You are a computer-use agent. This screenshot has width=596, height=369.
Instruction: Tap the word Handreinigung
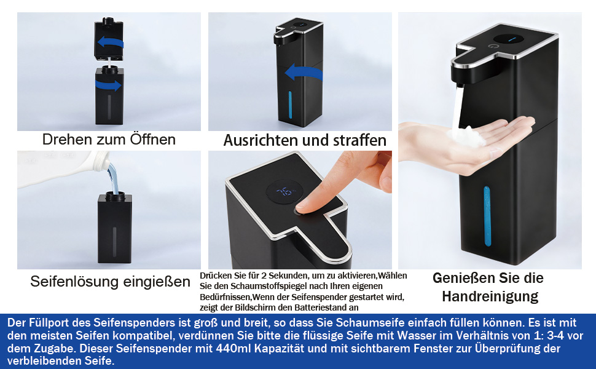[x=490, y=296]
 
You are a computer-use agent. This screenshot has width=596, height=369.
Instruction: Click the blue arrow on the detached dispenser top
[x=110, y=42]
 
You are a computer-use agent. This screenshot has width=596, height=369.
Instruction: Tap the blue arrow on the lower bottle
[x=108, y=85]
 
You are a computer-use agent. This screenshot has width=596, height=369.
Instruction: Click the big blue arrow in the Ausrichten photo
[x=304, y=73]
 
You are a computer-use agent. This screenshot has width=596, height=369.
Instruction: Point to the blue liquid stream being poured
[x=112, y=179]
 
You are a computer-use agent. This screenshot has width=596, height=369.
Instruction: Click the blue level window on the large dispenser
[x=487, y=216]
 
